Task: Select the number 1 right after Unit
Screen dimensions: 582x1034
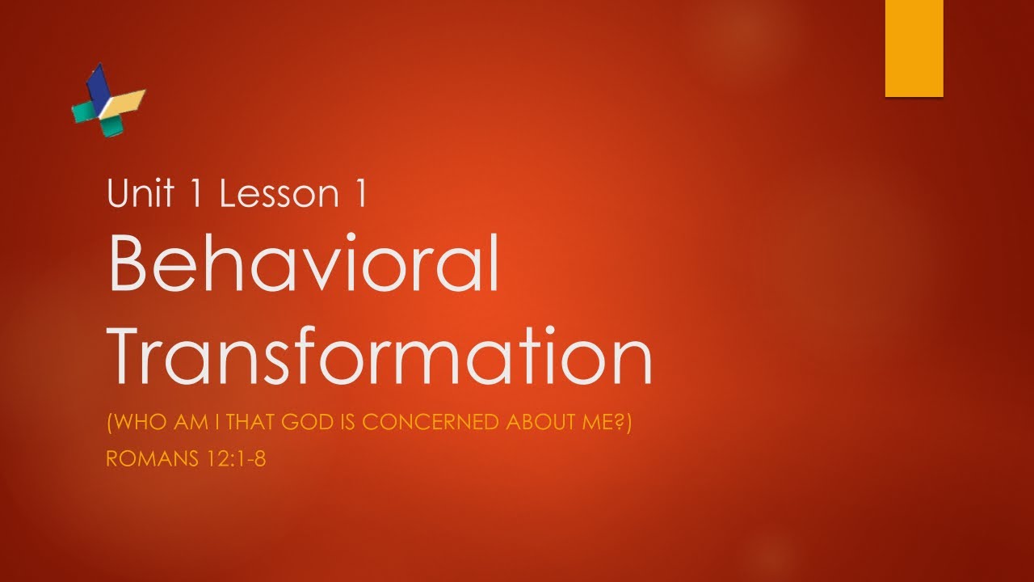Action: (x=200, y=194)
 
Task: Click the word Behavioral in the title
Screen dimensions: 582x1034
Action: (x=304, y=263)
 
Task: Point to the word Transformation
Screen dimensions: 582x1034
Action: (x=380, y=356)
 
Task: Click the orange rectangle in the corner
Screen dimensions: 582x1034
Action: (x=914, y=48)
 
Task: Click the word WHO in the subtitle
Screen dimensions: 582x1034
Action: (x=132, y=423)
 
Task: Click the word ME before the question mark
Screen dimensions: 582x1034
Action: (x=600, y=423)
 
